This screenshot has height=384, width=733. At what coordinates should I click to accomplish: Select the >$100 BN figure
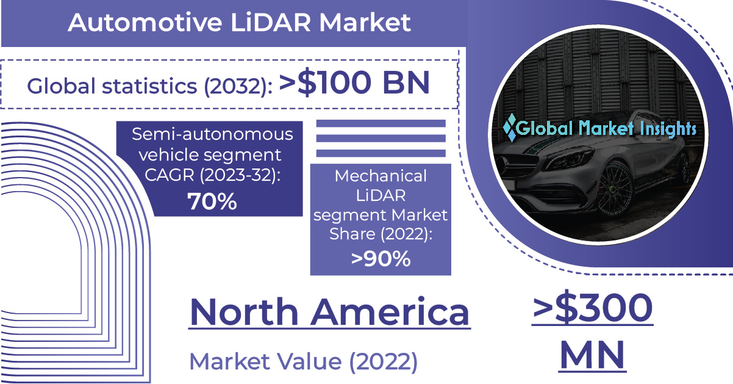point(354,83)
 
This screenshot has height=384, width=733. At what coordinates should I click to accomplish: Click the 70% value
point(212,201)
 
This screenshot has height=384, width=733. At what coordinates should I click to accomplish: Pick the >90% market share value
point(381,258)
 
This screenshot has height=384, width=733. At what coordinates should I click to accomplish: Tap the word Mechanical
point(381,176)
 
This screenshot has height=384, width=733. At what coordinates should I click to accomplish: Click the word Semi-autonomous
point(212,134)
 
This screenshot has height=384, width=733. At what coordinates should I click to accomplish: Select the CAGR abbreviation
point(170,175)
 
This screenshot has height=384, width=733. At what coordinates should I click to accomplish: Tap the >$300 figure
point(593,307)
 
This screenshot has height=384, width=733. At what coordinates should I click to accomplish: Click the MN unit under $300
point(592,355)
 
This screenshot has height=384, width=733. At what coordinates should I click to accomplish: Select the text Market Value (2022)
point(303,362)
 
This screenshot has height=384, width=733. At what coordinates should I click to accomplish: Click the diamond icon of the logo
point(510,128)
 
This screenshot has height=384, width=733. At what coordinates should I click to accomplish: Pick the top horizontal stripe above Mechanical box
point(381,123)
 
